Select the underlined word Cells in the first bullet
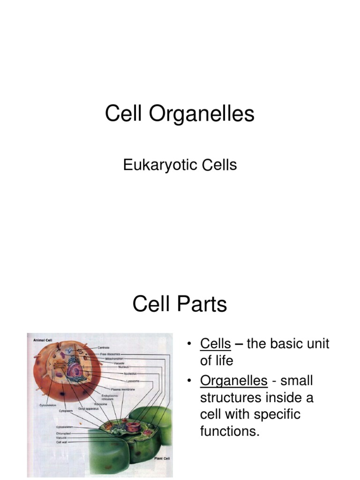pyautogui.click(x=215, y=344)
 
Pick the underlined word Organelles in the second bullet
pyautogui.click(x=233, y=380)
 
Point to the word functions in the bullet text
pyautogui.click(x=229, y=431)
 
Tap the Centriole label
pyautogui.click(x=104, y=347)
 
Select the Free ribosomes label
pyautogui.click(x=110, y=353)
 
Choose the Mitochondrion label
pyautogui.click(x=114, y=358)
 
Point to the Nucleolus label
pyautogui.click(x=117, y=374)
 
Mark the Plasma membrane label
pyautogui.click(x=120, y=389)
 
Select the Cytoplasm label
pyautogui.click(x=66, y=410)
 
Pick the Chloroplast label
pyautogui.click(x=64, y=433)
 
